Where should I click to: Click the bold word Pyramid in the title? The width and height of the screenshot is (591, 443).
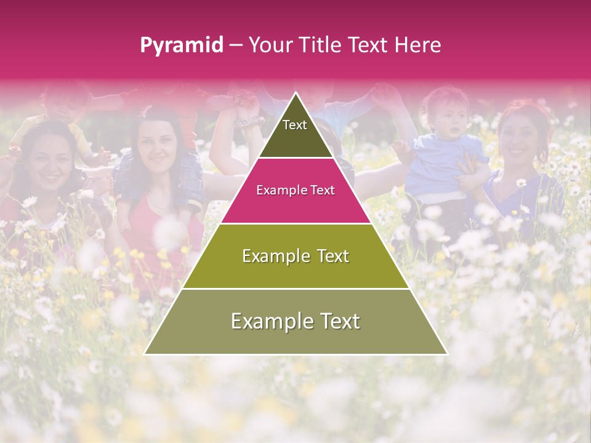[x=181, y=45]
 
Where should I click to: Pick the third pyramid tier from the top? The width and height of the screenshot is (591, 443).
[x=295, y=256]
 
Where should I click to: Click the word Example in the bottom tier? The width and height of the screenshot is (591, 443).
[x=268, y=321]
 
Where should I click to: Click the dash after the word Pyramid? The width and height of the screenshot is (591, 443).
[x=236, y=45]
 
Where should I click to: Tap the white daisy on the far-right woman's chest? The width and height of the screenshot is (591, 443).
[x=521, y=183]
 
